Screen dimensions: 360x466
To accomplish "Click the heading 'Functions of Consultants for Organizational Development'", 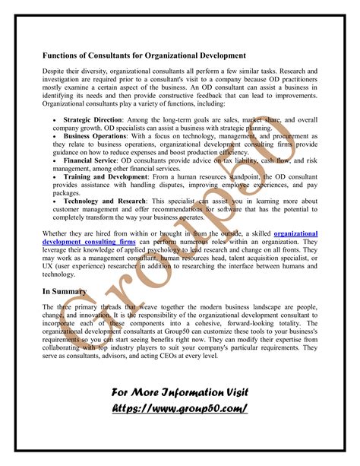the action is point(144,55).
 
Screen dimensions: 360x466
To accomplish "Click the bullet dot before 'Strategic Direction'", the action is point(54,120).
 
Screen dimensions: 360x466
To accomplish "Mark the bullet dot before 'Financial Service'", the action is point(54,161).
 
